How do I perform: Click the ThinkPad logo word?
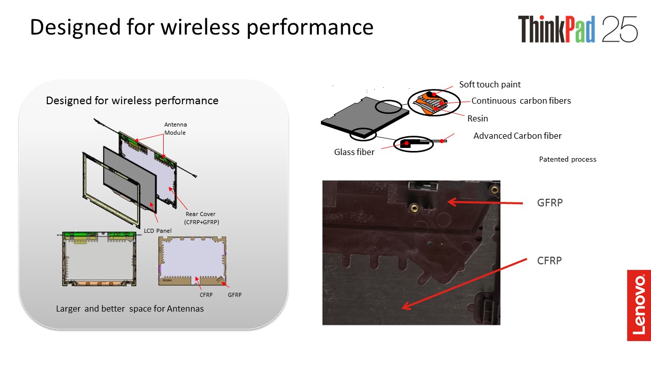pos(556,29)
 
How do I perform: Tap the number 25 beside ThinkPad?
pos(619,29)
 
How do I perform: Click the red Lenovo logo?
pos(639,306)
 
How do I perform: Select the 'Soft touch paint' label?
pos(490,84)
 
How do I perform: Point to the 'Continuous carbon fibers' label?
pos(521,101)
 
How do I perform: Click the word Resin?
pos(478,118)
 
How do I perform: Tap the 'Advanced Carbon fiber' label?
pos(517,136)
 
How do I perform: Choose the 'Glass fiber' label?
pos(354,152)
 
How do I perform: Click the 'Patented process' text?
pos(568,160)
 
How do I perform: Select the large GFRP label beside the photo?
pos(550,203)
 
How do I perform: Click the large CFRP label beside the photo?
pos(549,261)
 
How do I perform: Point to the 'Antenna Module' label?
pos(175,129)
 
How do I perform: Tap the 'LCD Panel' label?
pos(158,231)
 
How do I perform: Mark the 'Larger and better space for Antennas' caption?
pos(130,309)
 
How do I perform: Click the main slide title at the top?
pos(201,27)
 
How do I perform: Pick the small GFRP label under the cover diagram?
pos(234,295)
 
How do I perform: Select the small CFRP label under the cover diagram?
pos(206,295)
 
